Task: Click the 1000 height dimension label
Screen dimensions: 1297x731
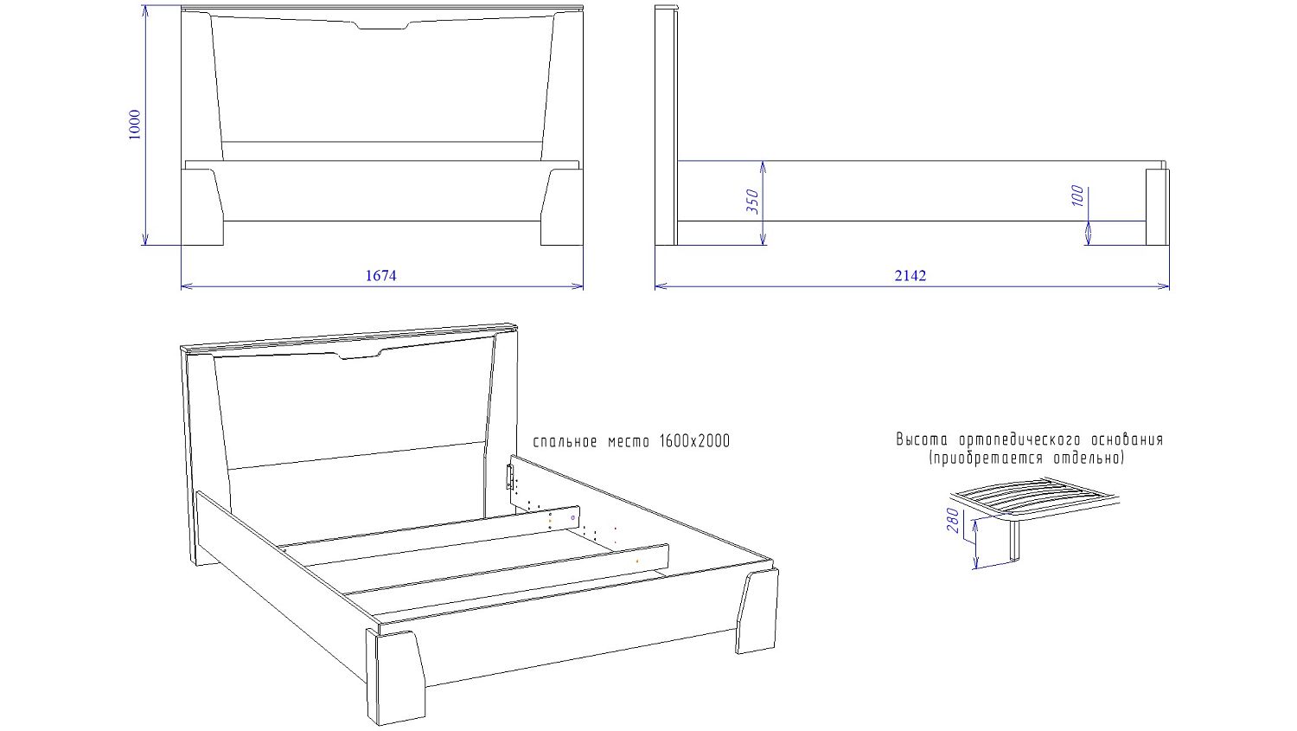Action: (134, 124)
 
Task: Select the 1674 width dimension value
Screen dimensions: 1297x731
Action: (381, 276)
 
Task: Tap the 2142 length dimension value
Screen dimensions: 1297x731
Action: (910, 276)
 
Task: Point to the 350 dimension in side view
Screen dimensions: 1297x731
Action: (752, 201)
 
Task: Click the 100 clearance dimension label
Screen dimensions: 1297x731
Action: (1077, 196)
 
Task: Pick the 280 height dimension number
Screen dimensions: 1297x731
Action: (953, 521)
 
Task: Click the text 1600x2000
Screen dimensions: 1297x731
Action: (695, 441)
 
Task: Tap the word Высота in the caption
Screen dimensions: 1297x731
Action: (922, 439)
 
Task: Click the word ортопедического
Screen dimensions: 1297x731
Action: (1020, 439)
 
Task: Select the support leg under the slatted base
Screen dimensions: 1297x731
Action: (1014, 540)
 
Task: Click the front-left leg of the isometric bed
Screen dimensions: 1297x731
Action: (395, 676)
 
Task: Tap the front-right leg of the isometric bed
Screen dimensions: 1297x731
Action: (757, 611)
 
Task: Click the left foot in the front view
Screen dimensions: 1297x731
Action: (202, 207)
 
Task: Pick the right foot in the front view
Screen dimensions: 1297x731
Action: (562, 207)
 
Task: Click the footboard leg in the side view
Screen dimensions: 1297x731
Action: (1157, 207)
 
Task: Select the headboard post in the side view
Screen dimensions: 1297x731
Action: (667, 125)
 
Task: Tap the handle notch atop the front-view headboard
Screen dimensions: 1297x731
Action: (382, 25)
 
